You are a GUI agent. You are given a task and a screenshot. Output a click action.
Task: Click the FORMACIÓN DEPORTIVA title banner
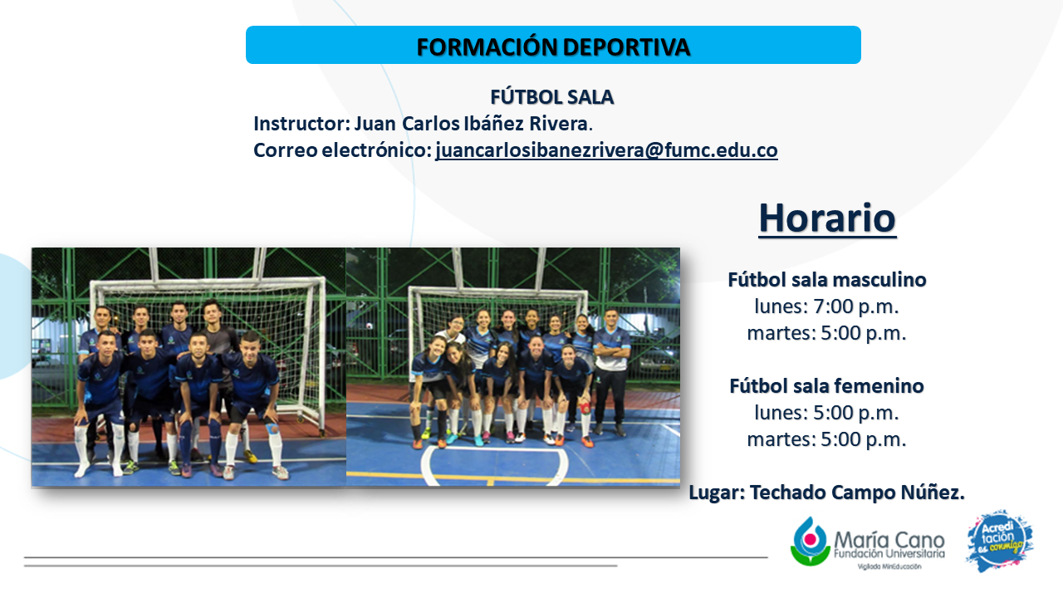[x=553, y=45]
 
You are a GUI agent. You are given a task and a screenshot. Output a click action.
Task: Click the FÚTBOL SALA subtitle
[x=552, y=97]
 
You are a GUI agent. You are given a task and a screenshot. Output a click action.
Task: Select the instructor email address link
[x=606, y=150]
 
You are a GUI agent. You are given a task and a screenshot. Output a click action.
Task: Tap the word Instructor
[x=301, y=124]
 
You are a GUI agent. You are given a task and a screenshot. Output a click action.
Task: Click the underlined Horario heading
[x=827, y=218]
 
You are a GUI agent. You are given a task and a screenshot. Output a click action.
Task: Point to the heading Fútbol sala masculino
[x=827, y=280]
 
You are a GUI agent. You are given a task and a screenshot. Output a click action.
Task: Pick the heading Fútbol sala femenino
[x=826, y=386]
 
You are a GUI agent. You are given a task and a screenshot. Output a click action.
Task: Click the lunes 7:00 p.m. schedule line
[x=826, y=306]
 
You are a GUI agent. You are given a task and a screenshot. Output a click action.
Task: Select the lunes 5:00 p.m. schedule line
[x=826, y=413]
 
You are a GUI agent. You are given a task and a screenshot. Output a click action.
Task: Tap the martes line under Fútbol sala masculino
[x=826, y=333]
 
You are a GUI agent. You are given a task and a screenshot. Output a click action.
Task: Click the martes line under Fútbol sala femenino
[x=826, y=439]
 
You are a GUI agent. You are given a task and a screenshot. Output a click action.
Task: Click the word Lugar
[x=717, y=493]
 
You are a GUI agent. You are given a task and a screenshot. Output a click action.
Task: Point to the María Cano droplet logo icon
[x=810, y=541]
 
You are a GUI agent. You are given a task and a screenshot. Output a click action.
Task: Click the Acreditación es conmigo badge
[x=1000, y=541]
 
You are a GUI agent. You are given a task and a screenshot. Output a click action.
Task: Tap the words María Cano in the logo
[x=889, y=540]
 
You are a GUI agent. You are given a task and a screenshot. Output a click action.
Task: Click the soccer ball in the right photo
[x=370, y=326]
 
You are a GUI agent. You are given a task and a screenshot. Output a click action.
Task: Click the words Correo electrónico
[x=341, y=150]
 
